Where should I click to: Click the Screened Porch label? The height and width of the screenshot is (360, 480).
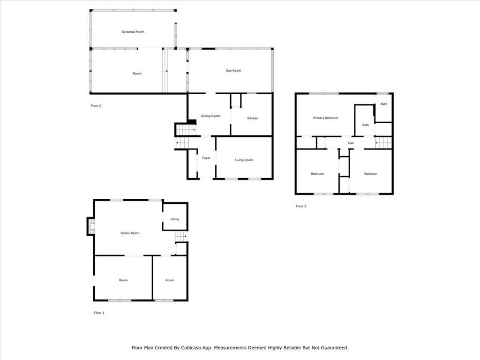point(133,32)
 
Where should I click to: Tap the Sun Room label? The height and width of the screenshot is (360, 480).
point(233,71)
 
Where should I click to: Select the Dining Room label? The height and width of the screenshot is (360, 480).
point(210,116)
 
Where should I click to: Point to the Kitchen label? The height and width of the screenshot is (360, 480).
point(253,118)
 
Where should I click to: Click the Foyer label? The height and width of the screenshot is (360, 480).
point(206,158)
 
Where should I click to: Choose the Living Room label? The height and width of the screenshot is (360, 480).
point(244,160)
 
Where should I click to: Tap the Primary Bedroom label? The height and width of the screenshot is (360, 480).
point(325,118)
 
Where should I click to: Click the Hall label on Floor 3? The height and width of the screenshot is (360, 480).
point(351,143)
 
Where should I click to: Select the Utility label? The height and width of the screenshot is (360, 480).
point(175,219)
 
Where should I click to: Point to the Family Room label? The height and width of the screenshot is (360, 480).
point(130,233)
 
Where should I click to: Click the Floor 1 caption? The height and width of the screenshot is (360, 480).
point(99,313)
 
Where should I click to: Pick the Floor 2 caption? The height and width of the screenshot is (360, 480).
point(96,106)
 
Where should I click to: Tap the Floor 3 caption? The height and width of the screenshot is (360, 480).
point(301,206)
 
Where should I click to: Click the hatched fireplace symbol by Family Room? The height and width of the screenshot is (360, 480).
point(91,226)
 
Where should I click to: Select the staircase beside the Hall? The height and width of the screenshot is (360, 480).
point(383,142)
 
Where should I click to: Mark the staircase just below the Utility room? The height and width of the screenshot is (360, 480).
point(181,236)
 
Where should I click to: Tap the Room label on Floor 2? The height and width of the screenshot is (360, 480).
point(137,74)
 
